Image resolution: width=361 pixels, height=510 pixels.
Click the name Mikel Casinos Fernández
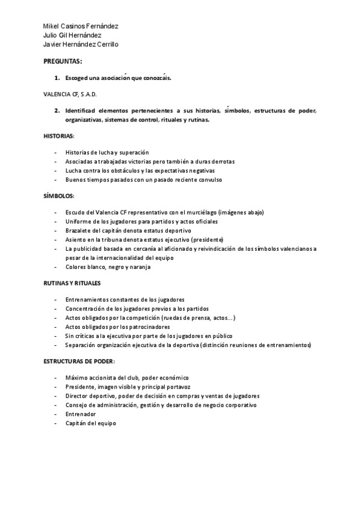click(81, 26)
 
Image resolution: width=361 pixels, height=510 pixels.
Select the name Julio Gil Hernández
click(72, 35)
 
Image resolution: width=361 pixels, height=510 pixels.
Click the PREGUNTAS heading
click(63, 62)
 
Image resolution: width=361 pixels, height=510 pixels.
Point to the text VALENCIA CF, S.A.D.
click(70, 94)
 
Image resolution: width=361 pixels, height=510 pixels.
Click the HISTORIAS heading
click(59, 136)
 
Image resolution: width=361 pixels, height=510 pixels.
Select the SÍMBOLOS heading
click(58, 196)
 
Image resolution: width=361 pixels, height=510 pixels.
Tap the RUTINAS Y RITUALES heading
click(72, 283)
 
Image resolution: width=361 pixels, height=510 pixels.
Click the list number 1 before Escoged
click(57, 78)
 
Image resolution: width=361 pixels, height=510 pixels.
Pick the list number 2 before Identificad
click(57, 111)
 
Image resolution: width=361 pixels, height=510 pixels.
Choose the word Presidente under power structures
click(81, 387)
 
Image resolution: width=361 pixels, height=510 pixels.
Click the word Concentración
click(85, 309)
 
